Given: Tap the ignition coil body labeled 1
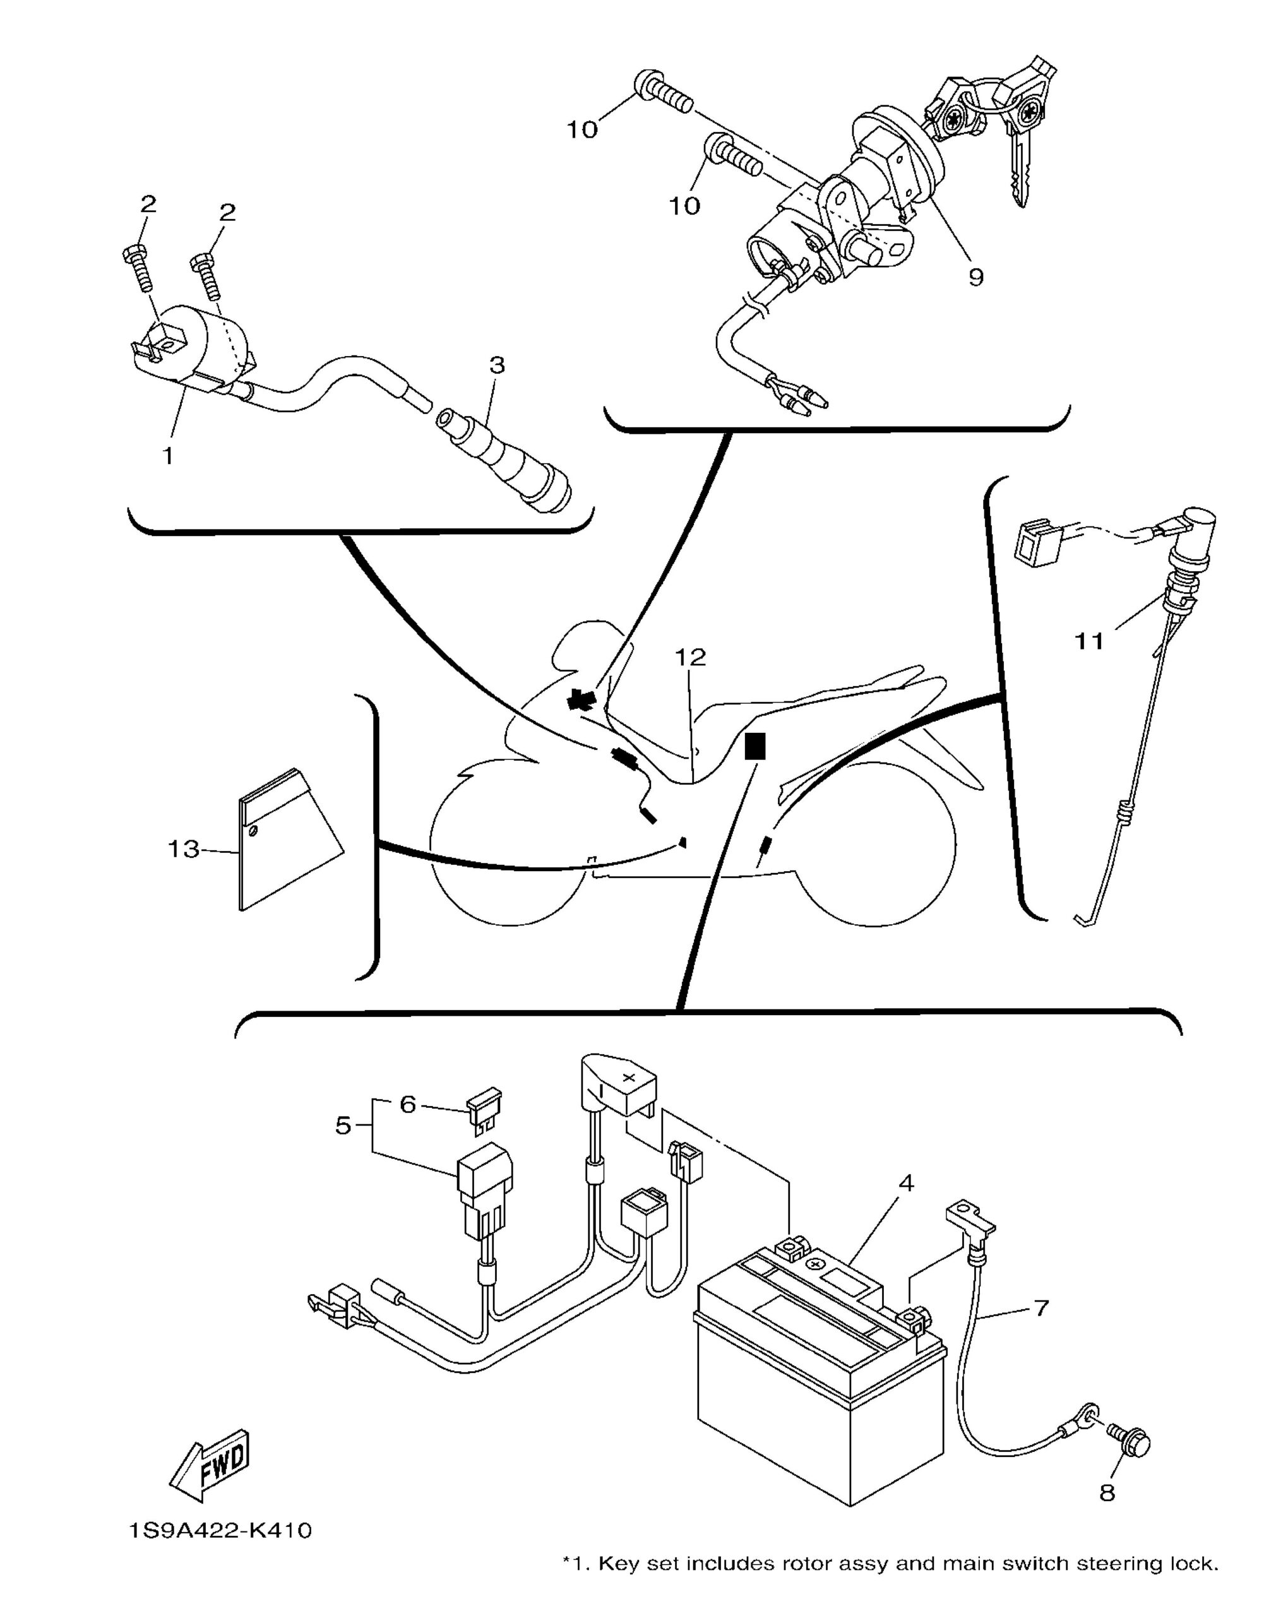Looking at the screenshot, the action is point(193,348).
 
